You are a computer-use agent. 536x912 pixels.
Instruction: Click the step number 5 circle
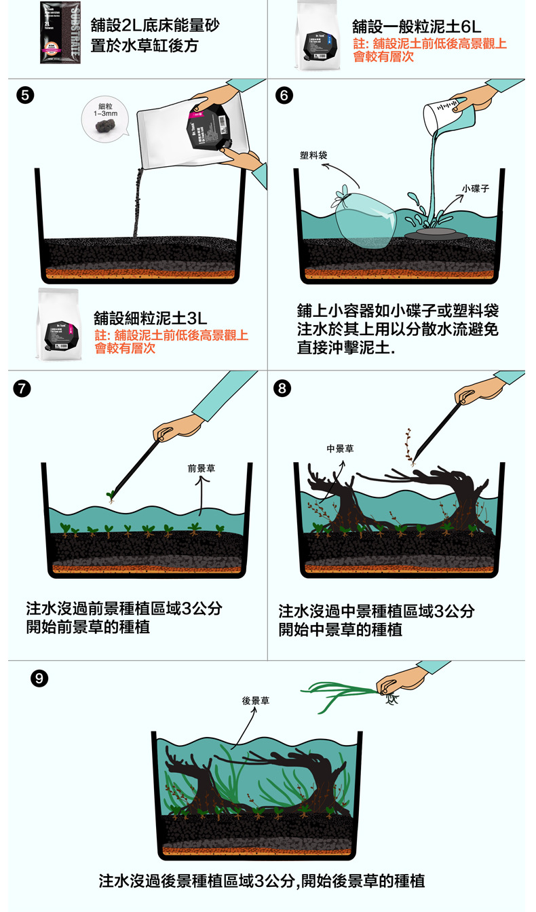[x=25, y=95]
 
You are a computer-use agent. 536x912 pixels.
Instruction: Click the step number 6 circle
[x=285, y=95]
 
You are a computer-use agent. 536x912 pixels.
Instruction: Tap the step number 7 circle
[x=24, y=388]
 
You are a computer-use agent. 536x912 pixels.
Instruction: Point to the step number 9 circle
[x=40, y=678]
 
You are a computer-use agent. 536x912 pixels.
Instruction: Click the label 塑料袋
[x=313, y=155]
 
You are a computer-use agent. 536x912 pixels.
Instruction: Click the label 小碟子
[x=476, y=188]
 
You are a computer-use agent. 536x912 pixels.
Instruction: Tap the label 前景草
[x=201, y=468]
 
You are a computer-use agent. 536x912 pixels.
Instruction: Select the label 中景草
[x=340, y=449]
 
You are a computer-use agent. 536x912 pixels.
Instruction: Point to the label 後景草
[x=256, y=700]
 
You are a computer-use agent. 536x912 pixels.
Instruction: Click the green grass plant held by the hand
[x=339, y=696]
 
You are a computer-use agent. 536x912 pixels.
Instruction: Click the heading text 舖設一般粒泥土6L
[x=417, y=27]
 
